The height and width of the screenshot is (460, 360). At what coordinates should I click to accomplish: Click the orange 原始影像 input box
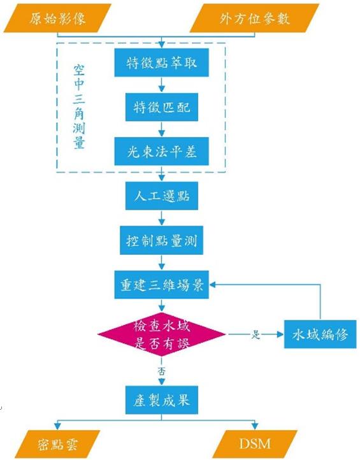pyautogui.click(x=57, y=18)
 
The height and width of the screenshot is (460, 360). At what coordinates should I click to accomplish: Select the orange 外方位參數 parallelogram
pyautogui.click(x=254, y=18)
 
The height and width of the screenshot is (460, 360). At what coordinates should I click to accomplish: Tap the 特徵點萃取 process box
pyautogui.click(x=161, y=63)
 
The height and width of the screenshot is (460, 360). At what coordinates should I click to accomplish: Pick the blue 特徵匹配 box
pyautogui.click(x=162, y=107)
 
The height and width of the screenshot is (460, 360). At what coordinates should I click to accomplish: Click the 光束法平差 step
pyautogui.click(x=161, y=152)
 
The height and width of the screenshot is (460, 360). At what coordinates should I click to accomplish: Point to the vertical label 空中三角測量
pyautogui.click(x=79, y=107)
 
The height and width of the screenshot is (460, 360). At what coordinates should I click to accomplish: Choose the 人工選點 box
pyautogui.click(x=162, y=196)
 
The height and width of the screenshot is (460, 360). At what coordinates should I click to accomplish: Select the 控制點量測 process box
pyautogui.click(x=161, y=240)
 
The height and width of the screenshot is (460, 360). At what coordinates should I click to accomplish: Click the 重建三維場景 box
pyautogui.click(x=161, y=285)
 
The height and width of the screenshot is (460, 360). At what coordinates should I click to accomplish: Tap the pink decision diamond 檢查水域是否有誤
pyautogui.click(x=161, y=334)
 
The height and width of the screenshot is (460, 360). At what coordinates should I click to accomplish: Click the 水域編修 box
pyautogui.click(x=320, y=334)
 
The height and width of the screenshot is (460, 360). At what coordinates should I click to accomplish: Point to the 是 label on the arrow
pyautogui.click(x=256, y=334)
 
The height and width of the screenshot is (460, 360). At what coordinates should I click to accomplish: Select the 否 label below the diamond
pyautogui.click(x=161, y=371)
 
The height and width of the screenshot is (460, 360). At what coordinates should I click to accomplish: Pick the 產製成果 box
pyautogui.click(x=162, y=400)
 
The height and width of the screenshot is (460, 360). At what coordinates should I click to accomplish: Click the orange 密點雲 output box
pyautogui.click(x=57, y=444)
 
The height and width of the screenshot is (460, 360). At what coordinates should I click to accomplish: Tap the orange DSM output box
pyautogui.click(x=255, y=444)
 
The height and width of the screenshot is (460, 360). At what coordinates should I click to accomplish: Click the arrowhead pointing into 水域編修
pyautogui.click(x=280, y=334)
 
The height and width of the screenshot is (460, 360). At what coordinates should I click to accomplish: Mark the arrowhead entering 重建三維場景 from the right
pyautogui.click(x=212, y=285)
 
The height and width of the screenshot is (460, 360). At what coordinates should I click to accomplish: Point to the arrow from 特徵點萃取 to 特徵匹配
pyautogui.click(x=161, y=85)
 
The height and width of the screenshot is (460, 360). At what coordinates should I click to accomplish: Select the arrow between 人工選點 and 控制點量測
pyautogui.click(x=161, y=218)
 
